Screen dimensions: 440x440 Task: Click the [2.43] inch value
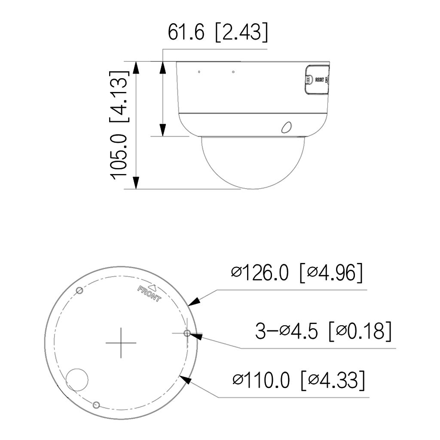pyautogui.click(x=241, y=33)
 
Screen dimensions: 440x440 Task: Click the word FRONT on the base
pyautogui.click(x=149, y=294)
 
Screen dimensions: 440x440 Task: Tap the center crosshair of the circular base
pyautogui.click(x=121, y=342)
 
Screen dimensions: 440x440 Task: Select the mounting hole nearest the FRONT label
pyautogui.click(x=79, y=291)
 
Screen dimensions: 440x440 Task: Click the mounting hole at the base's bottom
pyautogui.click(x=97, y=405)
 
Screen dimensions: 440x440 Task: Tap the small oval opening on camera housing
pyautogui.click(x=286, y=127)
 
